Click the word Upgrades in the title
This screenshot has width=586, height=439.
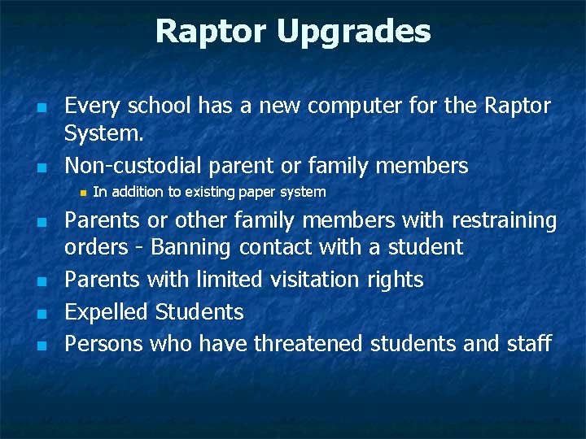pos(353,32)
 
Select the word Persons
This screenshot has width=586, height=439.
pos(104,344)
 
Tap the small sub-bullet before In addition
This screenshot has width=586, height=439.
pos(82,193)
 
